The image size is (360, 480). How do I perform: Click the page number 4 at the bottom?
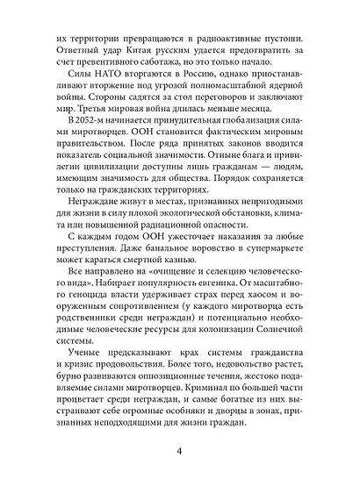(179, 451)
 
